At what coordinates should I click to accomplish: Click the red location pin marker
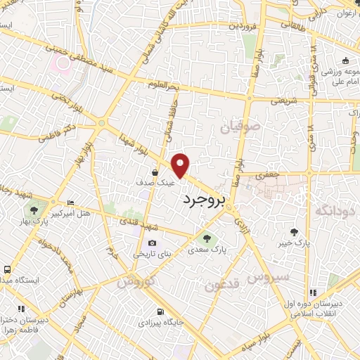point(181,165)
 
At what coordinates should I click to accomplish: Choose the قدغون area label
point(225,285)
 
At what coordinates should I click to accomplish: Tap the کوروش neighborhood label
point(134,281)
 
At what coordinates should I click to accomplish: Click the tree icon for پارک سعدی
point(206,238)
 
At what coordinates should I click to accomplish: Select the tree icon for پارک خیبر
point(294,231)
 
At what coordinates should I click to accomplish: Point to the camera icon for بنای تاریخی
point(152,243)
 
